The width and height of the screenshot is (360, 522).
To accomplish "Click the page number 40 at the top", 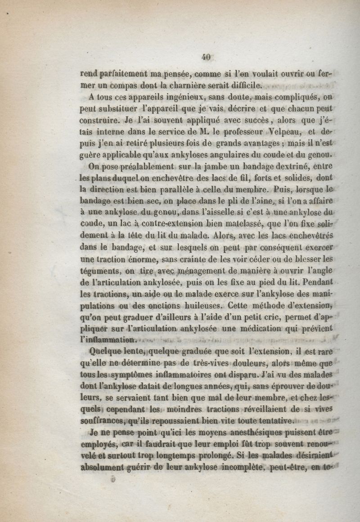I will pyautogui.click(x=207, y=57).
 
